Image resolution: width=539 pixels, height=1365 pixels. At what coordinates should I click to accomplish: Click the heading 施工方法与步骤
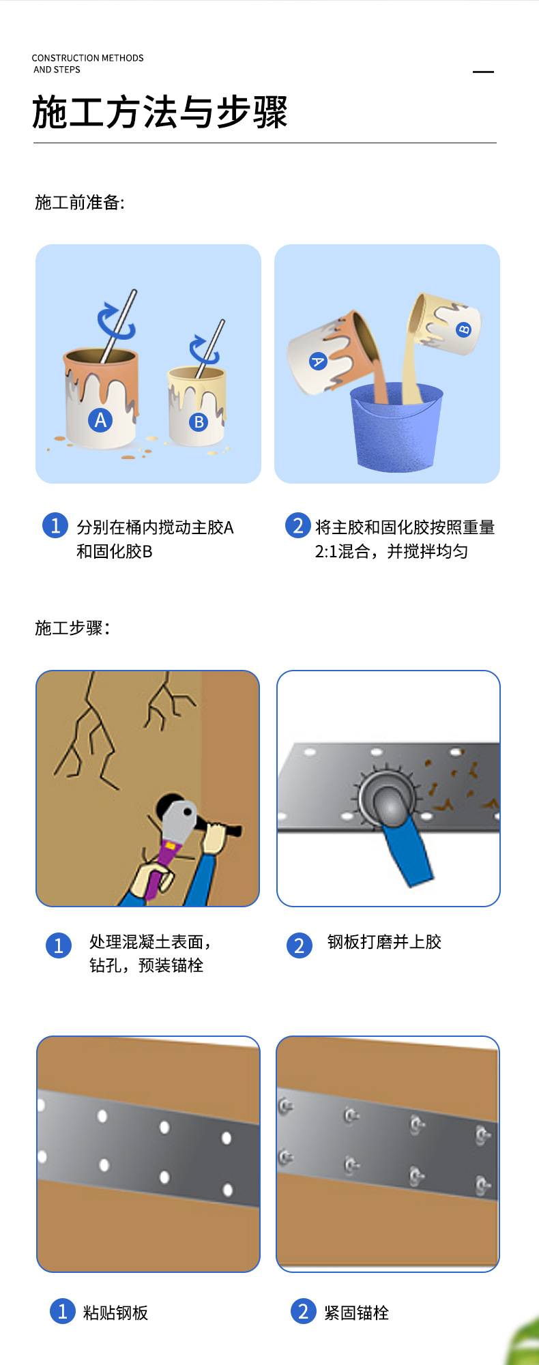pyautogui.click(x=160, y=113)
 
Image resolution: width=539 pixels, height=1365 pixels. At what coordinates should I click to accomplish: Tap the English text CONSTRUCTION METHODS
pyautogui.click(x=87, y=58)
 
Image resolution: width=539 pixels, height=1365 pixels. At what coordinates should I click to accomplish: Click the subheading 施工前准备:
pyautogui.click(x=80, y=203)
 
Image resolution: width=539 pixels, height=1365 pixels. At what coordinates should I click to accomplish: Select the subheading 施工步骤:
pyautogui.click(x=72, y=628)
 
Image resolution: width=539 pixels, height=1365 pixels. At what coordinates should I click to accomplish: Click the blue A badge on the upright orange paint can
pyautogui.click(x=100, y=420)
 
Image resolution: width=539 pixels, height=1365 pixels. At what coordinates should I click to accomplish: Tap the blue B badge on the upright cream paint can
pyautogui.click(x=199, y=422)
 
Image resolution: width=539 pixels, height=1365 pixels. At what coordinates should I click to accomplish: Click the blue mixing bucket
pyautogui.click(x=396, y=427)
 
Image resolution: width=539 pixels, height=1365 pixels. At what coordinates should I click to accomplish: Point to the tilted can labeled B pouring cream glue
pyautogui.click(x=443, y=325)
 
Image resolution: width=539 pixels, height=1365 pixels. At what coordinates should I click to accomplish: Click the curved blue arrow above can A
pyautogui.click(x=116, y=322)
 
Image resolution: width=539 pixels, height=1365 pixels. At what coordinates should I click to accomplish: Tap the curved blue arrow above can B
pyautogui.click(x=203, y=349)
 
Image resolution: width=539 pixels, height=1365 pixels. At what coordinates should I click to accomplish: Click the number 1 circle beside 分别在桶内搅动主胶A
pyautogui.click(x=55, y=525)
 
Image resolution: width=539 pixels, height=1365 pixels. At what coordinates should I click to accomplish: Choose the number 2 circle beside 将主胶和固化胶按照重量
pyautogui.click(x=297, y=525)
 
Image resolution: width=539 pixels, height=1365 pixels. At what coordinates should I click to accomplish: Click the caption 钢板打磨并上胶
pyautogui.click(x=385, y=942)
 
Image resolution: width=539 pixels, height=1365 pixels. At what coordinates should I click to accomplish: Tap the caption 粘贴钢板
pyautogui.click(x=115, y=1312)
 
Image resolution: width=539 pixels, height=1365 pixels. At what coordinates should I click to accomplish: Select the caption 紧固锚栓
pyautogui.click(x=356, y=1312)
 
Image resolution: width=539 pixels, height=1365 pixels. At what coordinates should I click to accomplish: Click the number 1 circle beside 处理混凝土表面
pyautogui.click(x=59, y=945)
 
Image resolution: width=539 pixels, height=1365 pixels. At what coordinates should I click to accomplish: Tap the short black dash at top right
pyautogui.click(x=483, y=72)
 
